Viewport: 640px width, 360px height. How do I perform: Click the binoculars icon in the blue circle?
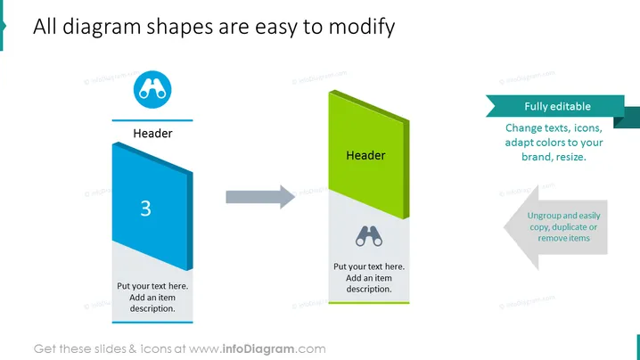point(152,89)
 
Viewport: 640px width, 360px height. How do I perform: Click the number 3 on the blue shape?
point(145,209)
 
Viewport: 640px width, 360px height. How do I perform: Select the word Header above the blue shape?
point(152,133)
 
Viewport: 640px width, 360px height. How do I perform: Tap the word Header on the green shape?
point(365,156)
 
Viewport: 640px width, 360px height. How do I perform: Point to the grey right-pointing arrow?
point(260,197)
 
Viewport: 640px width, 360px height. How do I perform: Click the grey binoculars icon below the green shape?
point(369,236)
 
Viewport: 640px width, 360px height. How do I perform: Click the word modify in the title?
point(362,27)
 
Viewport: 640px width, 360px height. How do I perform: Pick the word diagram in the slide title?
point(102,27)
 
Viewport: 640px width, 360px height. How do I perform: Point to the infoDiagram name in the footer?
point(258,349)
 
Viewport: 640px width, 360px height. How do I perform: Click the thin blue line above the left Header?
point(152,120)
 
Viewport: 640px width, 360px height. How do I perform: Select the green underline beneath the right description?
point(369,303)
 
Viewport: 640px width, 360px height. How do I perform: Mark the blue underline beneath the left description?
point(152,323)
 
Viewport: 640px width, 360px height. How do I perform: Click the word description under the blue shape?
point(152,308)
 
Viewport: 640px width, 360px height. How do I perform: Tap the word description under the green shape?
point(369,289)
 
